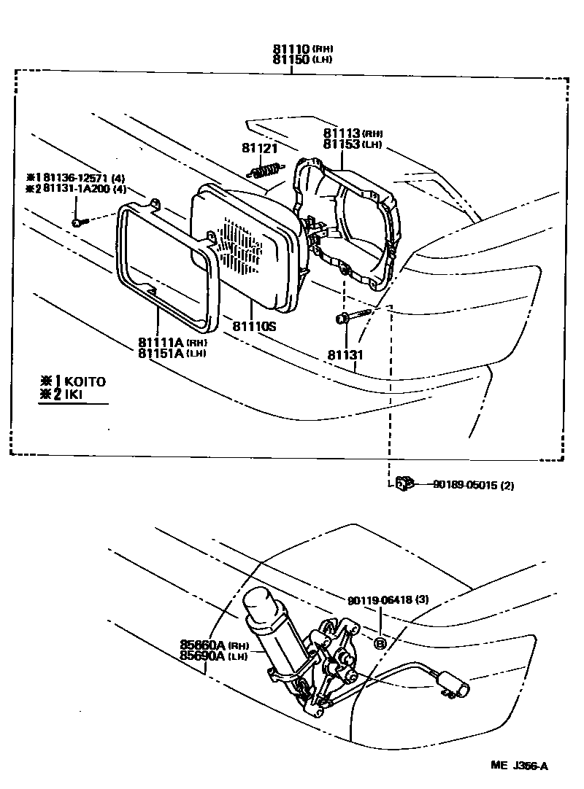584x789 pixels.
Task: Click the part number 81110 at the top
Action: tap(291, 49)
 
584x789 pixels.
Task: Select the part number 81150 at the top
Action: tap(291, 59)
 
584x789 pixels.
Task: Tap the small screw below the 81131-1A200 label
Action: tap(79, 221)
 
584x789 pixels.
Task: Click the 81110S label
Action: tap(255, 327)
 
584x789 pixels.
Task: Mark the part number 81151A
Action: tap(161, 354)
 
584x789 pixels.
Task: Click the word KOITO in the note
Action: tap(85, 381)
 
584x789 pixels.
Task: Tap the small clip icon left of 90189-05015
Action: tap(404, 483)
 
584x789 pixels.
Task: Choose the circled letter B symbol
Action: tap(380, 643)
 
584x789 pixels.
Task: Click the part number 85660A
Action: tap(204, 645)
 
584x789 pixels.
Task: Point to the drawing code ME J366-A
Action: tap(519, 766)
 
